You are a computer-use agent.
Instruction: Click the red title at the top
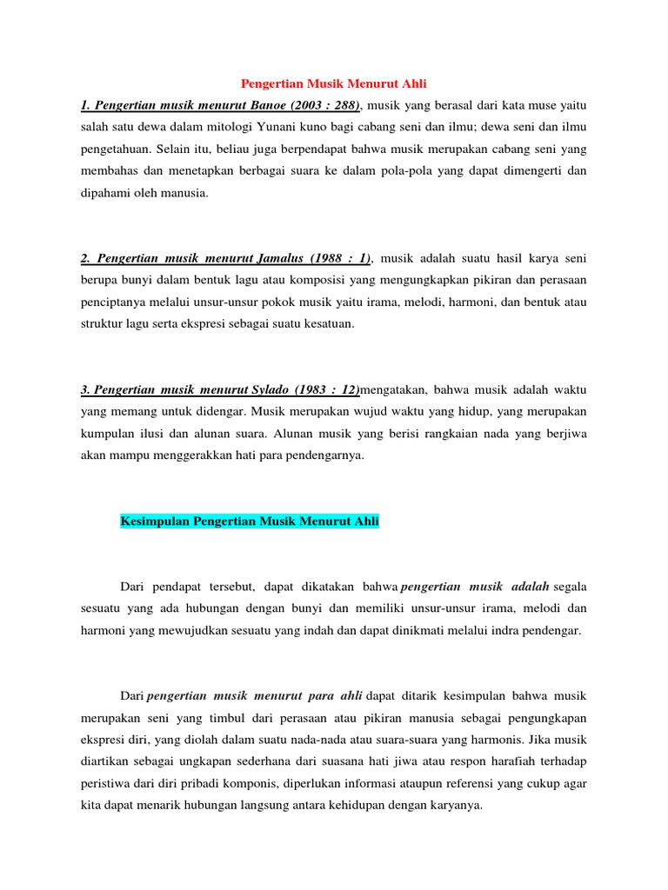pos(333,83)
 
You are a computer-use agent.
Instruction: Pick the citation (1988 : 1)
pos(337,258)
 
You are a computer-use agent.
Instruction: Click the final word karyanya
pos(452,805)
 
